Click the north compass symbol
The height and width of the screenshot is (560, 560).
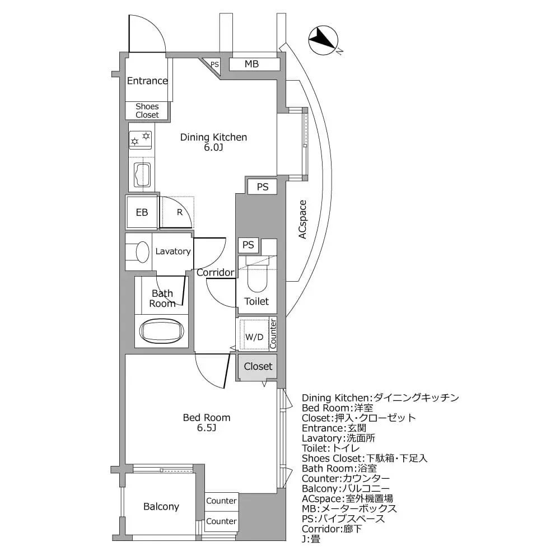(x=324, y=41)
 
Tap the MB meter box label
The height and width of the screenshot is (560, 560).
(x=251, y=64)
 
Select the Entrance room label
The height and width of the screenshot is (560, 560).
(x=147, y=81)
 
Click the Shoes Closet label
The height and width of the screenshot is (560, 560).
(x=147, y=110)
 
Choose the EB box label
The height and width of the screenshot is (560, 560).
(x=142, y=212)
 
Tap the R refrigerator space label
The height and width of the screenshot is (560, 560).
(x=179, y=212)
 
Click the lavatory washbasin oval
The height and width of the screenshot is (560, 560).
(x=143, y=251)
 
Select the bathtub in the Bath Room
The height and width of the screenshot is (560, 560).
(x=162, y=332)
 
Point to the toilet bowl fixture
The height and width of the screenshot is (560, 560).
(x=258, y=277)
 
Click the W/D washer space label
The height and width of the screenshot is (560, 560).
(x=254, y=337)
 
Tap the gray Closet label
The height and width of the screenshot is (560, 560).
(x=258, y=366)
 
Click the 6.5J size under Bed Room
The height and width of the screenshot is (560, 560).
(x=207, y=428)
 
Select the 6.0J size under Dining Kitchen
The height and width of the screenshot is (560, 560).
(x=213, y=148)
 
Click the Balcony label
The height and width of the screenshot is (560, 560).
(x=161, y=506)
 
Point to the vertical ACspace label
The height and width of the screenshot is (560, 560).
(x=302, y=220)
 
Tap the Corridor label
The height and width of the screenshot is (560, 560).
(x=215, y=273)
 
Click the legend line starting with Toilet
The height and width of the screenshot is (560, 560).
(x=328, y=448)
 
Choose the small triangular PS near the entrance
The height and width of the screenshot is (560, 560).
(x=214, y=64)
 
